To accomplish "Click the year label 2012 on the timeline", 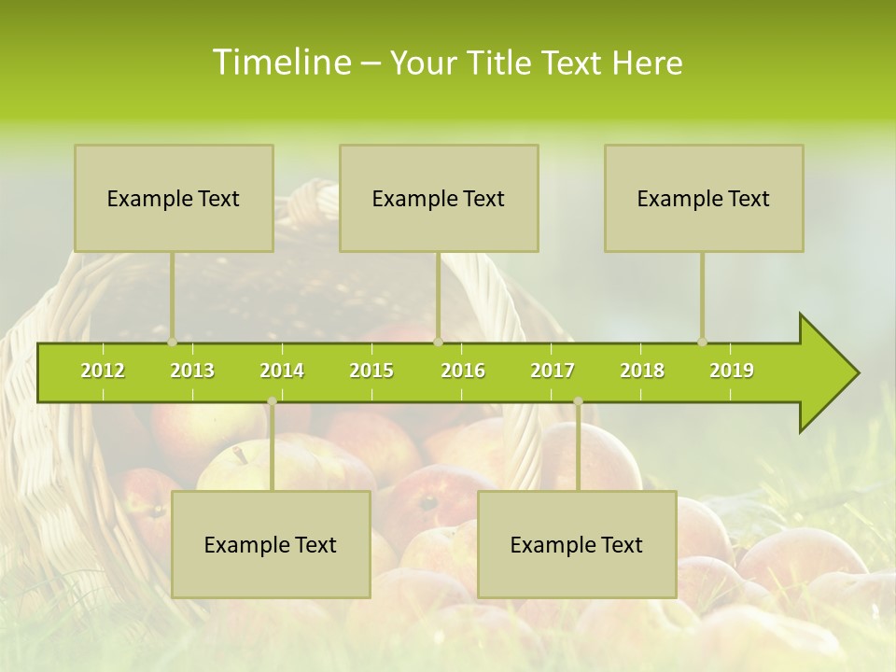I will pyautogui.click(x=103, y=371).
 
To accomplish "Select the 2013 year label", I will pyautogui.click(x=192, y=371).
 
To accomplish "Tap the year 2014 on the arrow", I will pyautogui.click(x=282, y=371).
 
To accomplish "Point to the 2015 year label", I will pyautogui.click(x=371, y=371).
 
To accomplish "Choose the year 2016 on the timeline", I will pyautogui.click(x=463, y=371).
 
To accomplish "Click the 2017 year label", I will pyautogui.click(x=553, y=371).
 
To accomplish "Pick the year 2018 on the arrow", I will pyautogui.click(x=642, y=371).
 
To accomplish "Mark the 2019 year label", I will pyautogui.click(x=732, y=371).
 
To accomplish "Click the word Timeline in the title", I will pyautogui.click(x=280, y=63).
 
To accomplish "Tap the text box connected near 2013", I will pyautogui.click(x=174, y=198).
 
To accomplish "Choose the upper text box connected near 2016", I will pyautogui.click(x=439, y=198).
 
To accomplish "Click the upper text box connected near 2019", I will pyautogui.click(x=704, y=198).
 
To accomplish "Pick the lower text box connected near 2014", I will pyautogui.click(x=271, y=544).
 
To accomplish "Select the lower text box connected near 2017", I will pyautogui.click(x=577, y=544).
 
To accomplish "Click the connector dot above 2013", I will pyautogui.click(x=172, y=342).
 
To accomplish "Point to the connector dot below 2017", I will pyautogui.click(x=578, y=401).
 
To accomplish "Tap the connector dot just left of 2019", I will pyautogui.click(x=702, y=342).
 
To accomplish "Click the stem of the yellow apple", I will pyautogui.click(x=241, y=455).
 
